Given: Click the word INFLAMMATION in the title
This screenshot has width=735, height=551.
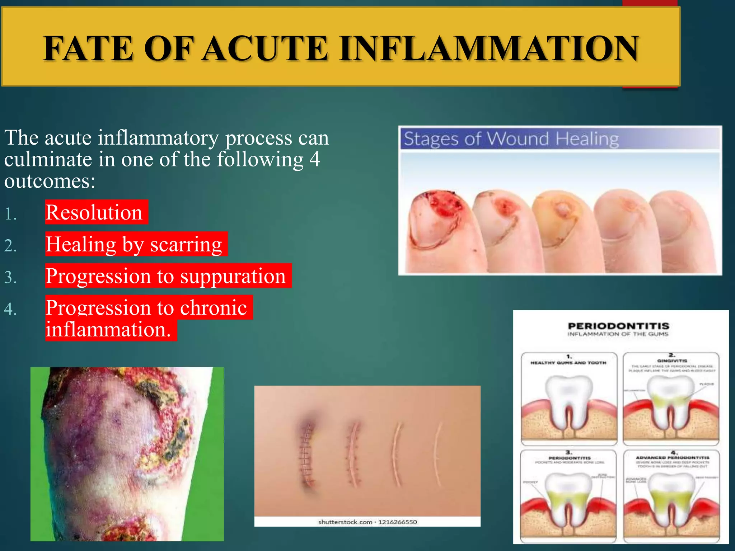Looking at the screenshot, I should click(x=489, y=48).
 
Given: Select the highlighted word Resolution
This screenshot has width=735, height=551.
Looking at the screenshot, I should click(x=94, y=212).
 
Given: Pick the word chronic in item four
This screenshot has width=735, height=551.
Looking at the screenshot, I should click(x=213, y=308).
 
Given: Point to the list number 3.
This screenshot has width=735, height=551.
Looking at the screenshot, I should click(x=10, y=277).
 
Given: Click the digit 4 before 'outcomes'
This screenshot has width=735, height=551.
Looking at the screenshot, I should click(x=314, y=159).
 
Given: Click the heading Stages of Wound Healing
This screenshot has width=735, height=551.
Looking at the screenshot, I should click(x=511, y=139).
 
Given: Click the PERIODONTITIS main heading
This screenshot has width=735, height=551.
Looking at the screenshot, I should click(x=618, y=326).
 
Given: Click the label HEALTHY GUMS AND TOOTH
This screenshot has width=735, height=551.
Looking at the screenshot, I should click(x=568, y=363).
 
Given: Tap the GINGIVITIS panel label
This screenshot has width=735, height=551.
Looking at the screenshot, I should click(x=672, y=361).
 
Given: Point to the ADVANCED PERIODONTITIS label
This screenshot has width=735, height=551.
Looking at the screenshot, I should click(x=672, y=458).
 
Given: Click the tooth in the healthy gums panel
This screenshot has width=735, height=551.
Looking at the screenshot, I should click(x=568, y=398).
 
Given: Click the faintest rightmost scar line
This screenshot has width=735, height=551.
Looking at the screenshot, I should click(x=437, y=454).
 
